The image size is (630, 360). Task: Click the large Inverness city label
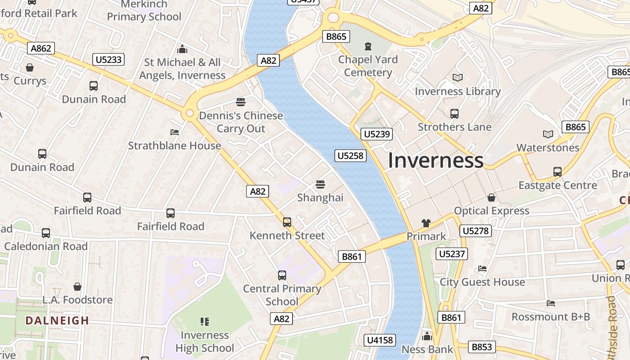click(x=436, y=160)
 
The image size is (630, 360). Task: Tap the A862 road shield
click(x=41, y=48)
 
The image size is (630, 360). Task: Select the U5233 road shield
click(x=109, y=59)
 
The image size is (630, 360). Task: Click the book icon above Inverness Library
click(x=458, y=78)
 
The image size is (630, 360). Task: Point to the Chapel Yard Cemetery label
click(x=368, y=66)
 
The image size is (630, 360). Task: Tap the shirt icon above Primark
click(x=426, y=223)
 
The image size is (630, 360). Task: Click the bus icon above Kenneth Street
click(x=287, y=222)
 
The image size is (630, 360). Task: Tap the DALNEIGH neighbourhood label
click(x=57, y=320)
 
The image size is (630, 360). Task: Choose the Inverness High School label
click(x=205, y=342)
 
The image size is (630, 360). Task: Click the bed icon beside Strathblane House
click(x=175, y=132)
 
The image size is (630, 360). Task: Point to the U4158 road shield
click(x=380, y=340)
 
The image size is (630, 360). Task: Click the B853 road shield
click(x=482, y=347)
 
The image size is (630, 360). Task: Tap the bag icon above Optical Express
click(x=491, y=198)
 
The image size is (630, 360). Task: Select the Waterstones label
click(x=548, y=148)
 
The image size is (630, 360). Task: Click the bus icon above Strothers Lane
click(x=454, y=113)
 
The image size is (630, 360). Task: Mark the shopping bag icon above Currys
click(x=30, y=67)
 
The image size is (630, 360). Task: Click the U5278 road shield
click(x=475, y=231)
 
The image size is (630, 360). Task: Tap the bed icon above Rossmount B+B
click(x=550, y=303)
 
